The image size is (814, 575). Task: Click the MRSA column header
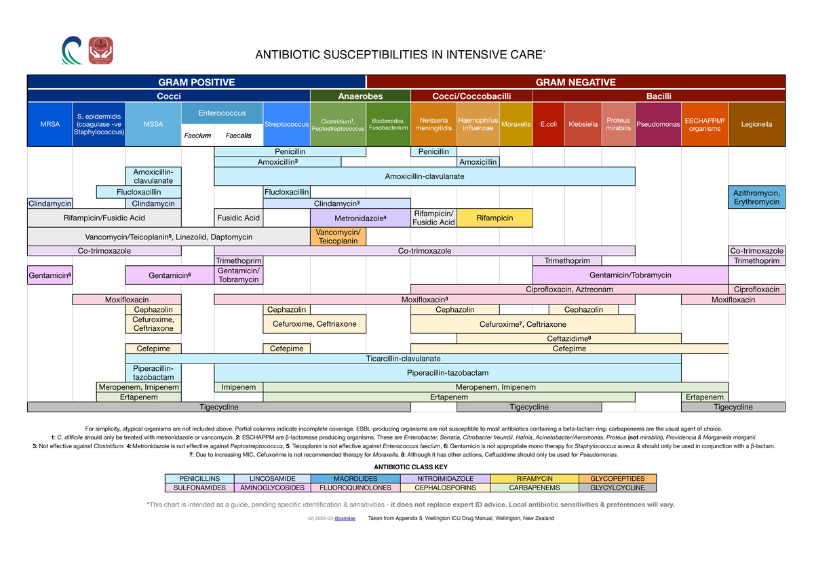pos(49,124)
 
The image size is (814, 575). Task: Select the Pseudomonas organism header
pos(657,124)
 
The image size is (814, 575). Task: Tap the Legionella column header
pos(756,124)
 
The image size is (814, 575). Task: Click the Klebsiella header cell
pos(583,124)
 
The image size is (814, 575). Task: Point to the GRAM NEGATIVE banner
pos(575,82)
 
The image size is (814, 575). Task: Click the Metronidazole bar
pos(360,218)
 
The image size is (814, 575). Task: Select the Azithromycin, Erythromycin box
pos(756,197)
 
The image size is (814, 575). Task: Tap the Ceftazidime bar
pos(569,338)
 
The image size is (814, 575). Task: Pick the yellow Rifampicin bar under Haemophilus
pos(495,218)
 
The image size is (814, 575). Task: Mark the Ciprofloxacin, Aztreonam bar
pos(569,290)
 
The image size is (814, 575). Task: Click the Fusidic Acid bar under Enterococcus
pos(238,218)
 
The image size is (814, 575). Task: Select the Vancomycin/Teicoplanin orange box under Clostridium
pos(338,237)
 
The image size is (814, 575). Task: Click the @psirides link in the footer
pos(347,518)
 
